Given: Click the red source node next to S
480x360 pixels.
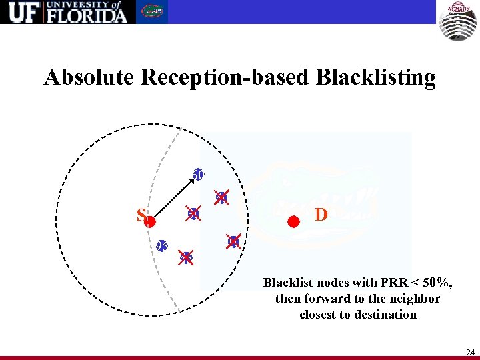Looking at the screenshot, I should pyautogui.click(x=151, y=222).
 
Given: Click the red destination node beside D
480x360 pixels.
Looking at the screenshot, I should pyautogui.click(x=293, y=222).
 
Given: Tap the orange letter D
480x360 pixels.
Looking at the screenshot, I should pyautogui.click(x=321, y=215).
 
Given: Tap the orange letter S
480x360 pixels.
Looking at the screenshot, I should pyautogui.click(x=141, y=215).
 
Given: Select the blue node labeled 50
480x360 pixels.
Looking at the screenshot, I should pyautogui.click(x=198, y=175).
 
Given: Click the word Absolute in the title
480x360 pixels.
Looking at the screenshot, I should pyautogui.click(x=90, y=78).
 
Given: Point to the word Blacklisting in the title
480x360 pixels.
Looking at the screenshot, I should pyautogui.click(x=376, y=78).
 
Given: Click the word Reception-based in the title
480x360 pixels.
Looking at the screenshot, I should pyautogui.click(x=227, y=78).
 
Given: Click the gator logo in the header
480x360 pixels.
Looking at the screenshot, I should pyautogui.click(x=154, y=12).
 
